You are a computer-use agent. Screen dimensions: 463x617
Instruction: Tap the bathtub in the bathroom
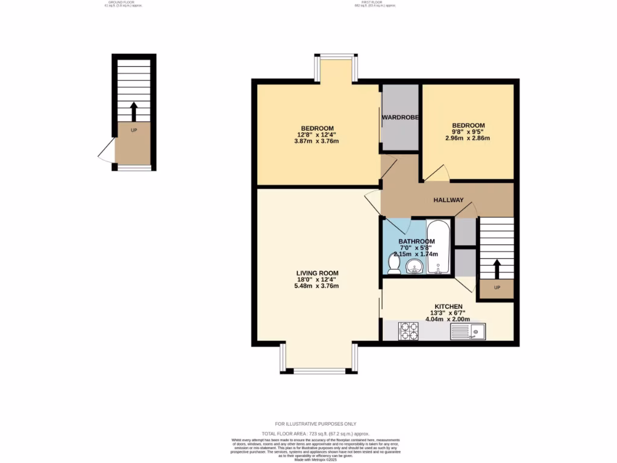pos(439,247)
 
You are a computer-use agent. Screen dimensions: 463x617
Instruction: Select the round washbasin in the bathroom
pos(413,266)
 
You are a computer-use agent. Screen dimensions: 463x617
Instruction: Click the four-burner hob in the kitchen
pos(408,331)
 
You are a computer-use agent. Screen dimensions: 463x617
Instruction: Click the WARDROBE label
pos(399,117)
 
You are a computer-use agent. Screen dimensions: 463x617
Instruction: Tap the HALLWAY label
pos(449,200)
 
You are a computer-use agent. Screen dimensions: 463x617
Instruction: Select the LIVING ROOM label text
pos(317,273)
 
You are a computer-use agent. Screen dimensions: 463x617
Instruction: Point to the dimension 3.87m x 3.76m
pos(317,142)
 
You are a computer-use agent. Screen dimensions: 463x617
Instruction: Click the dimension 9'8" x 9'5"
pos(468,131)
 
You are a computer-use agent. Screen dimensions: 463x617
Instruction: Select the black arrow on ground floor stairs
pos(134,112)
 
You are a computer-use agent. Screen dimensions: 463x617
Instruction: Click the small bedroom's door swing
pos(437,173)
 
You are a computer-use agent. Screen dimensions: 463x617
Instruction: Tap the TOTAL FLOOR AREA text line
pos(315,433)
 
